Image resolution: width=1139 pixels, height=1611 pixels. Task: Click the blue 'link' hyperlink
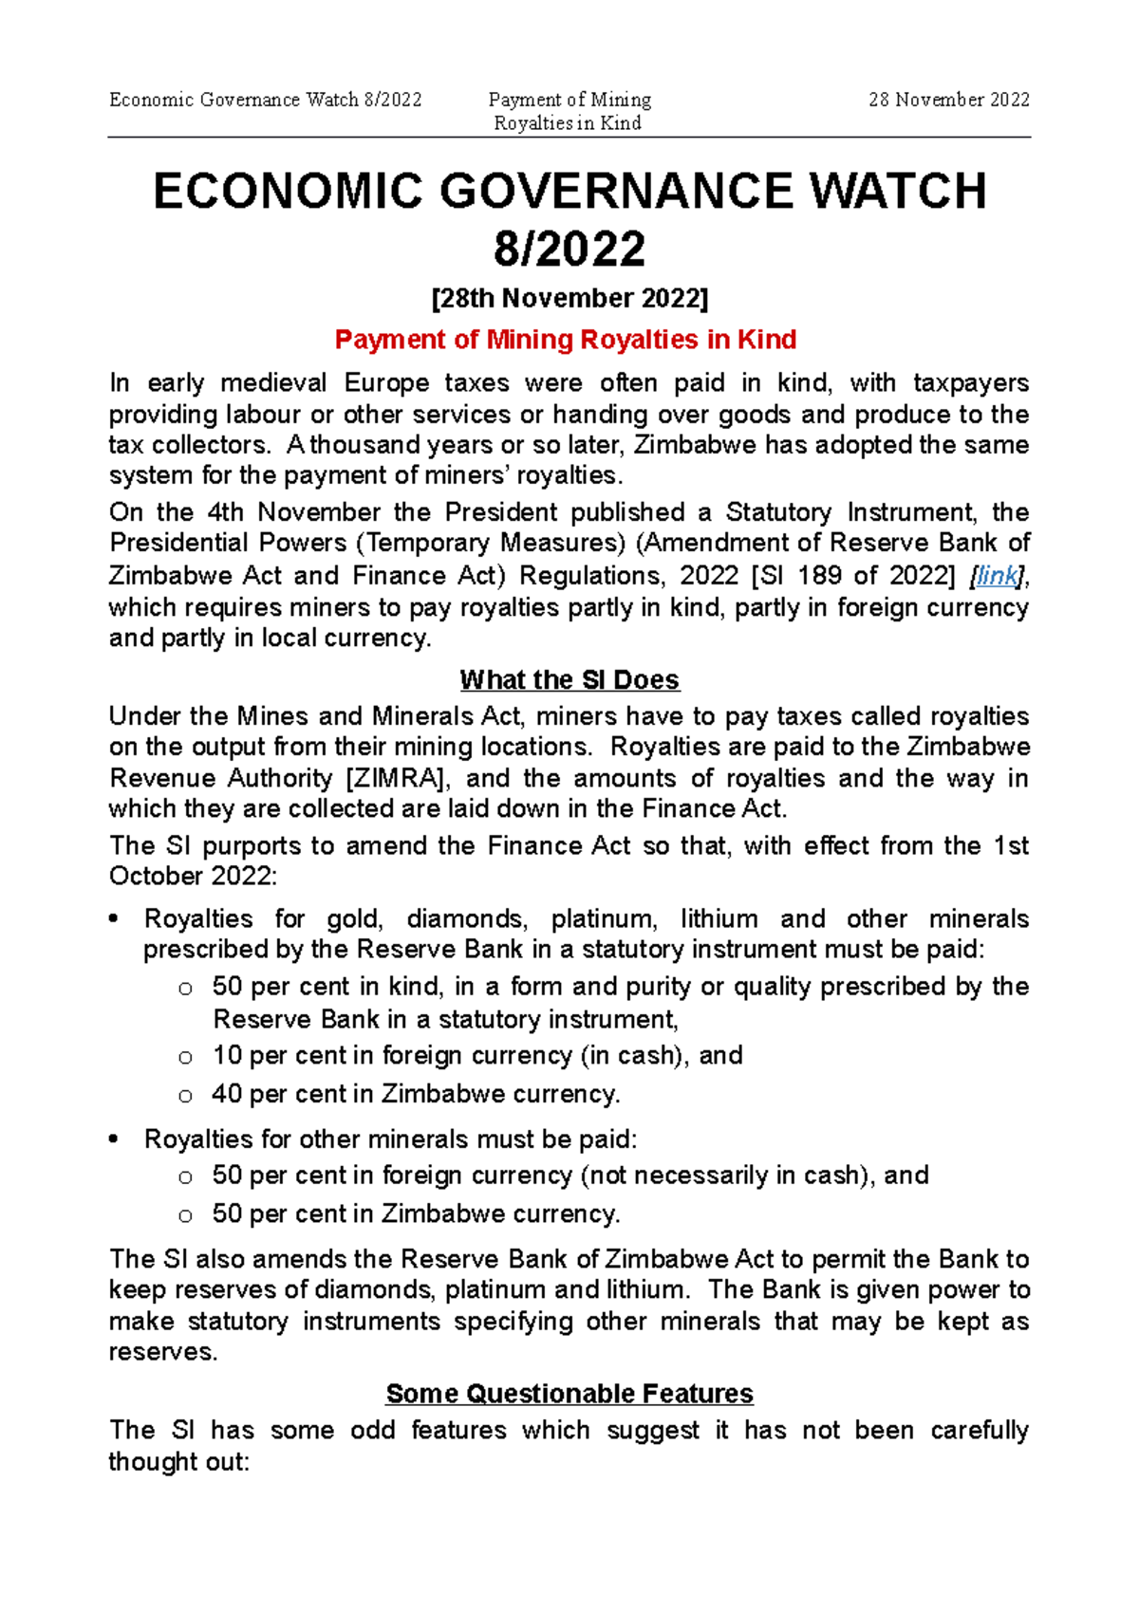tap(997, 575)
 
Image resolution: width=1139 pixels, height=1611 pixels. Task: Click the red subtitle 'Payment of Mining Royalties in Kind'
tap(566, 340)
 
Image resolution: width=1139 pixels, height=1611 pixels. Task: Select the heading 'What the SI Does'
tap(569, 679)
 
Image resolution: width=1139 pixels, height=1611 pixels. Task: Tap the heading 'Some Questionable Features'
tap(569, 1393)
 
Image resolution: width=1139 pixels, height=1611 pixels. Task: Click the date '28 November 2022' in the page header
tap(948, 100)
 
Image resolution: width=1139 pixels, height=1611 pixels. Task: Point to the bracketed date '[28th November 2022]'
tap(569, 298)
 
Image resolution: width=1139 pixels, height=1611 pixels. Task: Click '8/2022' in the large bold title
tap(569, 249)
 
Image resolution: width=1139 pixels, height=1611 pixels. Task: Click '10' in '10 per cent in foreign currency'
tap(227, 1055)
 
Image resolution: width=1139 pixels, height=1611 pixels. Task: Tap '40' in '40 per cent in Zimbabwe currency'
tap(227, 1094)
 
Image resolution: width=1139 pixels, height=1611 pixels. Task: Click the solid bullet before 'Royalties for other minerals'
tap(115, 1139)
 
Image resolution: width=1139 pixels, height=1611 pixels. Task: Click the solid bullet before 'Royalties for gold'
tap(115, 918)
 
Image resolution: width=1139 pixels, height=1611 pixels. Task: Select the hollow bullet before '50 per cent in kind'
tap(185, 988)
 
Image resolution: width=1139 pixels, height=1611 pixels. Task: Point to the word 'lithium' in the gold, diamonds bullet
tap(719, 918)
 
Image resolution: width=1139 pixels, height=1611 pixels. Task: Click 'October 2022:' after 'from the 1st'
tap(193, 876)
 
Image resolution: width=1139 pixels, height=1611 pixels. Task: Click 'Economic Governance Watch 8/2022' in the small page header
tap(266, 100)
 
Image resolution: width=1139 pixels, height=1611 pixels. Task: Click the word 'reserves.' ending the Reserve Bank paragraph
tap(162, 1351)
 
